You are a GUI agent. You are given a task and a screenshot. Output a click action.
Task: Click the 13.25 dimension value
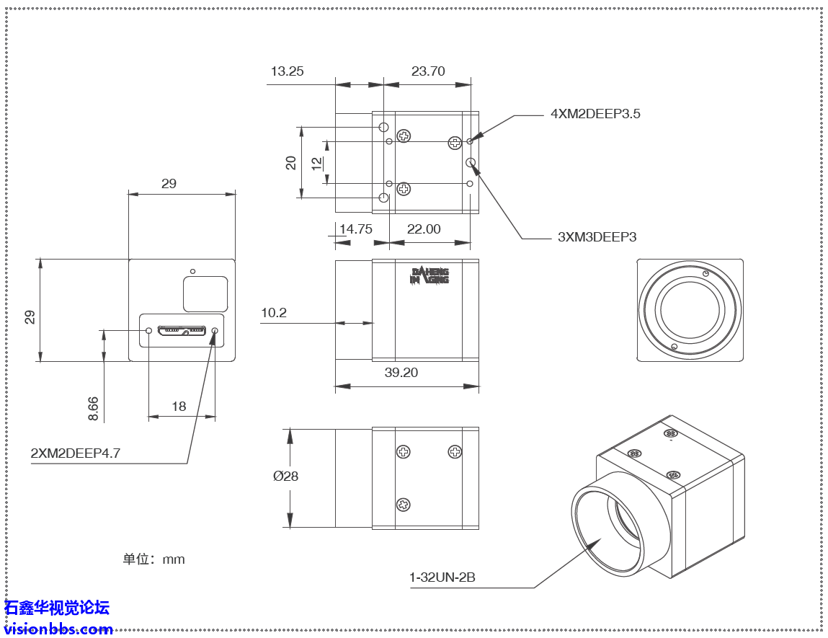(x=287, y=71)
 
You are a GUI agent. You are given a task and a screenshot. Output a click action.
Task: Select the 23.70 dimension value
(x=428, y=71)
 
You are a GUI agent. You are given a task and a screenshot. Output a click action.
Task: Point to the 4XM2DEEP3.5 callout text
(x=595, y=114)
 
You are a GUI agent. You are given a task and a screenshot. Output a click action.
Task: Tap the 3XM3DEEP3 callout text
(x=597, y=236)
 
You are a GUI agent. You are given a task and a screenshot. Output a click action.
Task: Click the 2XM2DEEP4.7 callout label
(x=75, y=453)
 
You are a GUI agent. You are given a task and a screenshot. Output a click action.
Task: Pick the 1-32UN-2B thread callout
(x=442, y=577)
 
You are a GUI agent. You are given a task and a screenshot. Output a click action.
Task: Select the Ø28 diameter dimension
(x=285, y=476)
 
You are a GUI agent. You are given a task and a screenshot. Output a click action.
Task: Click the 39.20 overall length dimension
(x=401, y=373)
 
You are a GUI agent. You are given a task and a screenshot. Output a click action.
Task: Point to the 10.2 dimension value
(x=274, y=313)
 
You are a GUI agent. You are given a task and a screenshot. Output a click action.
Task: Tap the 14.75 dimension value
(x=355, y=229)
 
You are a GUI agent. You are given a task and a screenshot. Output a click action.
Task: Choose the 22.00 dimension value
(x=424, y=229)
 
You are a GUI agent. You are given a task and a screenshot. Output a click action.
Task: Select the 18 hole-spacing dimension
(x=179, y=407)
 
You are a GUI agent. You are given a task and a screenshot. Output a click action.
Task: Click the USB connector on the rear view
(x=182, y=331)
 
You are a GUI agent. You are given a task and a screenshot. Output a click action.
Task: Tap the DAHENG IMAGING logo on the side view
(x=429, y=276)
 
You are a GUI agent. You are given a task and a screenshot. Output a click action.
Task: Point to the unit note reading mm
(x=153, y=559)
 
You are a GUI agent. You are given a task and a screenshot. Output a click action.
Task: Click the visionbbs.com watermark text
(x=58, y=629)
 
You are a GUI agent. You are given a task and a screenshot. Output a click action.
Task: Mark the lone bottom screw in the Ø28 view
(x=404, y=505)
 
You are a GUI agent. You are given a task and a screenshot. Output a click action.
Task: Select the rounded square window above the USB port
(x=205, y=294)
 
